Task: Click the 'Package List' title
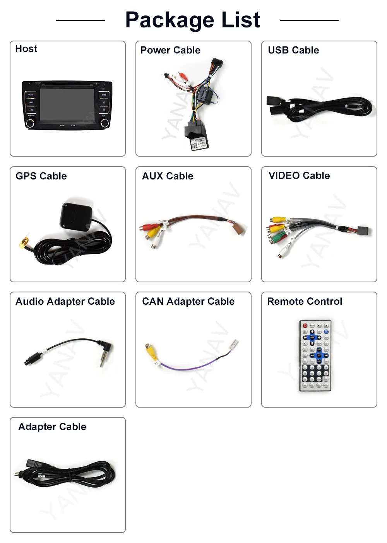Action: click(x=193, y=20)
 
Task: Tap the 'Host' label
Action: click(x=26, y=49)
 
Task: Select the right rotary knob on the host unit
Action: click(x=104, y=123)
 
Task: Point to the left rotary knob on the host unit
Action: click(x=30, y=123)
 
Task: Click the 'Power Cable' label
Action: click(x=170, y=50)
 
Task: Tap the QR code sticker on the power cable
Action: click(x=195, y=146)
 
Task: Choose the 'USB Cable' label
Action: click(x=293, y=50)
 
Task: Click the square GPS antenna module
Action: click(x=76, y=215)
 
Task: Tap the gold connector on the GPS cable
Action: click(x=23, y=243)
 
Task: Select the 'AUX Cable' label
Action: click(x=168, y=176)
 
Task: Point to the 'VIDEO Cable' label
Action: click(x=299, y=176)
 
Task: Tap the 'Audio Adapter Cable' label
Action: click(x=65, y=301)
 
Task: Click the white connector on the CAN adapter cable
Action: click(x=234, y=345)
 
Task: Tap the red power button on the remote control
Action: click(x=305, y=326)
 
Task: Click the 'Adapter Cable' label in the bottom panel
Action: click(x=52, y=427)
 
